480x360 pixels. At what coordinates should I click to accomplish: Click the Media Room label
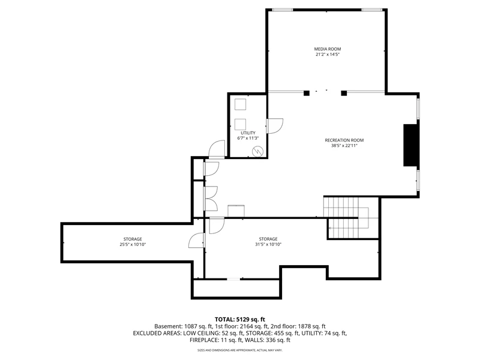pos(327,49)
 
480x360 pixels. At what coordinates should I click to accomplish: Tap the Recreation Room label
pos(344,140)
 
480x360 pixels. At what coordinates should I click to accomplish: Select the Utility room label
pos(248,133)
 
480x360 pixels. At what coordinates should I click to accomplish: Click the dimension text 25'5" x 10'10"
pos(133,245)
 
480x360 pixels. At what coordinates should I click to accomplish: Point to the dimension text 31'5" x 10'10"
pos(268,244)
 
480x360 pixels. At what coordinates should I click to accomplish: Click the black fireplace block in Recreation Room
pos(410,145)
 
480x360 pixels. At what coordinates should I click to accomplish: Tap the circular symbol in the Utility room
pos(258,151)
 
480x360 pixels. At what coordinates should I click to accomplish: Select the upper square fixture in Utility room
pos(241,104)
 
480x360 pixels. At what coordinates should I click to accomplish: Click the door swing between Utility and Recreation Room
pos(275,126)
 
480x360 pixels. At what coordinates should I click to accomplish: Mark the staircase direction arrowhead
pos(330,228)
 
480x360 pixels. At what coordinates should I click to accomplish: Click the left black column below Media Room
pos(307,93)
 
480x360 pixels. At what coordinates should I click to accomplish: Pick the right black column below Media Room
pos(344,93)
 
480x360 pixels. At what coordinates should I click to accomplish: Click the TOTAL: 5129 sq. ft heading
pos(239,320)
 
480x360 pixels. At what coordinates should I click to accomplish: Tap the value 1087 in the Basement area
pos(191,326)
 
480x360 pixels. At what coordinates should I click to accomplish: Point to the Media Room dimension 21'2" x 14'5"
pos(327,55)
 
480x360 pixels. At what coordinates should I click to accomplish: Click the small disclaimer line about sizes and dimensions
pos(239,350)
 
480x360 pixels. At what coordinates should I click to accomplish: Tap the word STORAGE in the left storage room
pos(133,239)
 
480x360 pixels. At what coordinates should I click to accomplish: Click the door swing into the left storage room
pos(196,241)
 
